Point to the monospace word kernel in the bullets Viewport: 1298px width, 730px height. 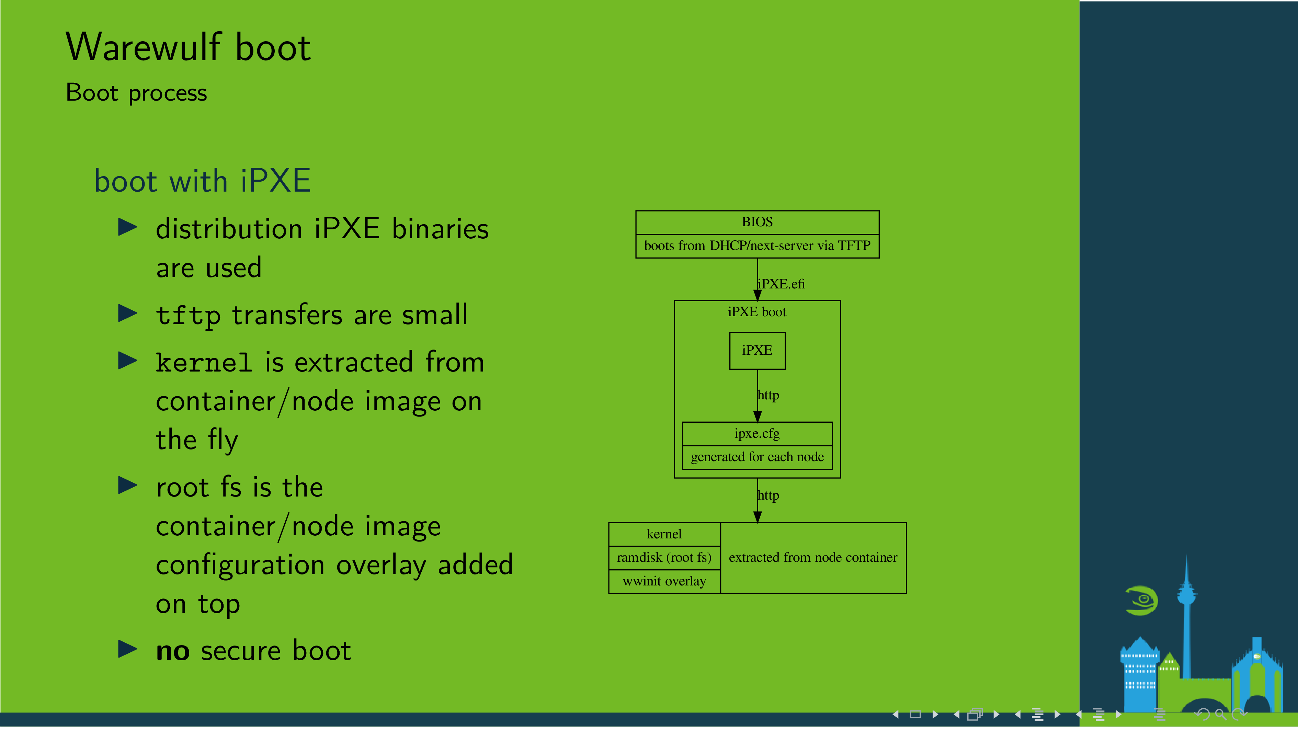[x=204, y=363]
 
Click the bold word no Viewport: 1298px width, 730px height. [x=173, y=651]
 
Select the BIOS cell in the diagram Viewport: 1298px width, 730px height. [x=757, y=222]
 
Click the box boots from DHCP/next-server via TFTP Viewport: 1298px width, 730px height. [x=757, y=246]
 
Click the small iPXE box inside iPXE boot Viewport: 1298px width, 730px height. [x=757, y=351]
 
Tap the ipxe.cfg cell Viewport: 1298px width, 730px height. [x=757, y=434]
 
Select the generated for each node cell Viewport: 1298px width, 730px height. [x=757, y=457]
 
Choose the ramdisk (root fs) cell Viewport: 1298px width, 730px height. [x=664, y=558]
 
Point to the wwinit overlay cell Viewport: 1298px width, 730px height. [x=664, y=581]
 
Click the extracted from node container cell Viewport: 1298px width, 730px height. [x=813, y=558]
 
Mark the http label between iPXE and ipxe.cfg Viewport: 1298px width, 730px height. [x=768, y=396]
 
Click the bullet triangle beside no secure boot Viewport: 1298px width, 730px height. [x=127, y=649]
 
